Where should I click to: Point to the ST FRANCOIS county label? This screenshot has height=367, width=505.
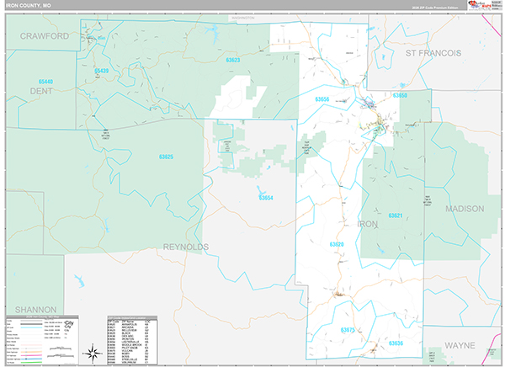pos(433,52)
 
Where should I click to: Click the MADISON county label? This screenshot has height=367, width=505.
pos(465,208)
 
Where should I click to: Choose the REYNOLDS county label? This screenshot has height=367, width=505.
pos(187,246)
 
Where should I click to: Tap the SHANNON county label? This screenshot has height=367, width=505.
pos(35,309)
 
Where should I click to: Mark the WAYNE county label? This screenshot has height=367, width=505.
pos(460,345)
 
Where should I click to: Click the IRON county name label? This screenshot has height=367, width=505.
pos(368,224)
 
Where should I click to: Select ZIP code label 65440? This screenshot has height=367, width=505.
pos(45,82)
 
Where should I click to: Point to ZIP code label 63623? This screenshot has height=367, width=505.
pos(233,60)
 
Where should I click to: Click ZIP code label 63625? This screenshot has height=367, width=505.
pos(166,157)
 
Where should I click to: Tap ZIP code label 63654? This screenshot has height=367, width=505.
pos(266,198)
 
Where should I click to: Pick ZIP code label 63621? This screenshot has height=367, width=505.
pos(395,215)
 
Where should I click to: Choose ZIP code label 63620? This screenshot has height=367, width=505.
pos(337,244)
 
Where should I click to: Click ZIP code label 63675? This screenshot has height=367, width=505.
pos(347,330)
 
